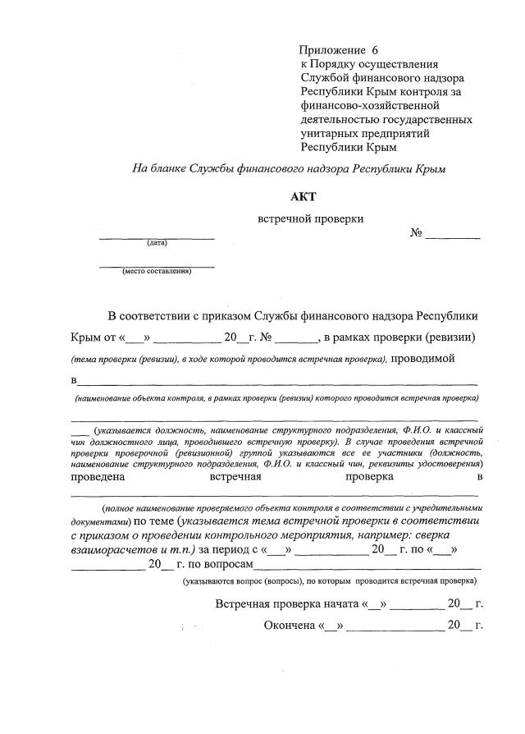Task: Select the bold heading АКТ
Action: pos(302,196)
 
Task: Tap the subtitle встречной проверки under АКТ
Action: pos(310,218)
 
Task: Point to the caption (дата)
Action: pos(157,243)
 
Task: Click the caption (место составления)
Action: pos(157,271)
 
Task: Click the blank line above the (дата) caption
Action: pos(157,236)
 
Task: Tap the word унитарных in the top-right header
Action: pos(329,133)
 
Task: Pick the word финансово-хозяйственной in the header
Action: pos(370,105)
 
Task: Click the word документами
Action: pos(99,521)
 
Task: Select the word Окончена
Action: pos(290,626)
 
